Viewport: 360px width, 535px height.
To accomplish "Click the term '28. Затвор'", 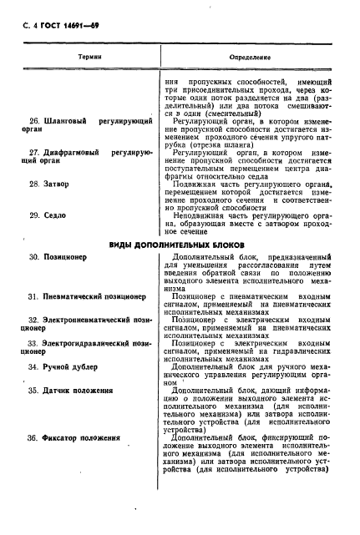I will point(49,182).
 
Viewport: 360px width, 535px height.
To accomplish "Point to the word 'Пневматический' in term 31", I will point(74,295).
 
